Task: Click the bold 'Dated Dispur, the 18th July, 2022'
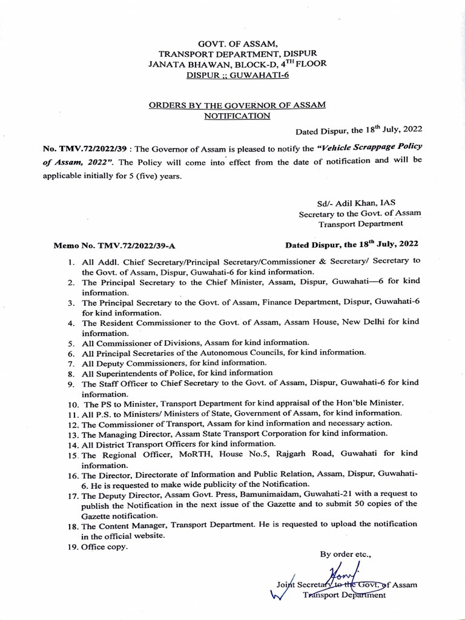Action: click(351, 245)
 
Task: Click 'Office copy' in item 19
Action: click(105, 547)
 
